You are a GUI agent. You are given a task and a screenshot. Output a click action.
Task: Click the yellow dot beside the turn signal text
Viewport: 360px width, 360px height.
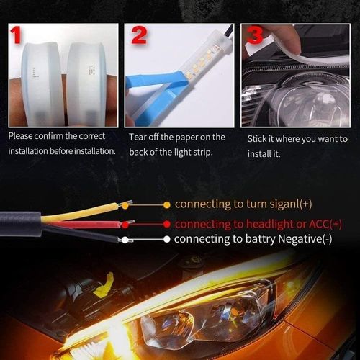167,204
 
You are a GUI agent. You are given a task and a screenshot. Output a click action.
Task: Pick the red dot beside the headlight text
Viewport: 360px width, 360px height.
167,224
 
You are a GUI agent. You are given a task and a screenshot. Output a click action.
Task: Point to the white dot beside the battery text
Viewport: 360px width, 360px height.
167,239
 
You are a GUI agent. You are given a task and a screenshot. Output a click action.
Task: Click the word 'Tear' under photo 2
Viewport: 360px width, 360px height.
140,137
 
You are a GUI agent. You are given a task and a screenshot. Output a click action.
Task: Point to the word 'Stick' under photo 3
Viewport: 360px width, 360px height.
258,138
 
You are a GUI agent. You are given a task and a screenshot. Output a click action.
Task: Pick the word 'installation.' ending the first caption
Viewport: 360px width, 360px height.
89,150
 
